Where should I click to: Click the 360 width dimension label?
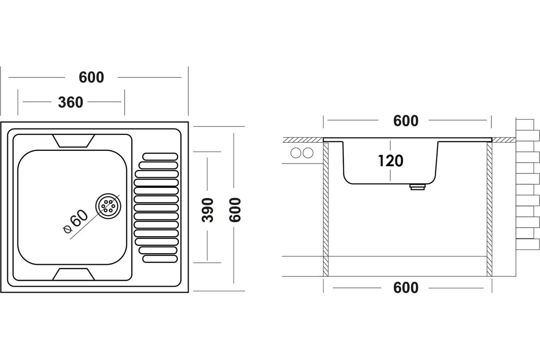coord(71,103)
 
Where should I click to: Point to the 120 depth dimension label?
coord(391,161)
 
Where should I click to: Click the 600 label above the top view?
coord(91,77)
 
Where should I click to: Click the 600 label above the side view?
coord(405,121)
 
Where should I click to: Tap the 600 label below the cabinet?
coord(405,288)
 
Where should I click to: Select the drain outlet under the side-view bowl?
coord(417,187)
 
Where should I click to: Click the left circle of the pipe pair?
coord(296,153)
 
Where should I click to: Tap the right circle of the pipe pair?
coord(308,153)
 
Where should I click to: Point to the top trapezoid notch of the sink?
coord(74,141)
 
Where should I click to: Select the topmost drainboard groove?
coord(160,156)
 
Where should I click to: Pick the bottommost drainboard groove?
coord(160,259)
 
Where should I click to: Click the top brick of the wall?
coord(524,124)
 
